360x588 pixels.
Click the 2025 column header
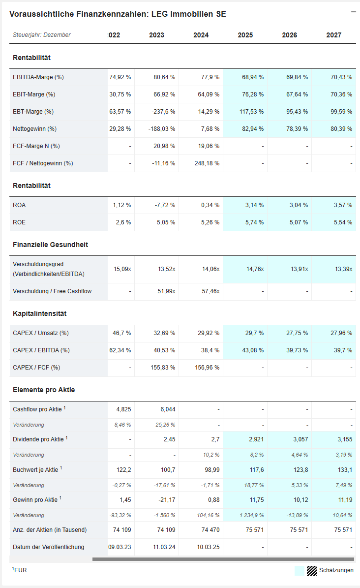(245, 35)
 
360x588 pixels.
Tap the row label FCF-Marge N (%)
(36, 146)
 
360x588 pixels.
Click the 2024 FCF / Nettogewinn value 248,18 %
(206, 163)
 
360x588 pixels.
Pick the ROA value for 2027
(341, 205)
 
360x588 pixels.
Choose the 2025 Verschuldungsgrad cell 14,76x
(254, 269)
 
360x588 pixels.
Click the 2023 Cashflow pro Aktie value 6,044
(167, 409)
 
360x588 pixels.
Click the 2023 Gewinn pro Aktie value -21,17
(166, 500)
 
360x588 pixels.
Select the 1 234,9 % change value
(250, 515)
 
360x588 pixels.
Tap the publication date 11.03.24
(164, 547)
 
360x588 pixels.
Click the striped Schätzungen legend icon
(312, 570)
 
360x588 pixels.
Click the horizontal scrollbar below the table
(223, 559)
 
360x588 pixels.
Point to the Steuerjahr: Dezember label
(42, 35)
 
